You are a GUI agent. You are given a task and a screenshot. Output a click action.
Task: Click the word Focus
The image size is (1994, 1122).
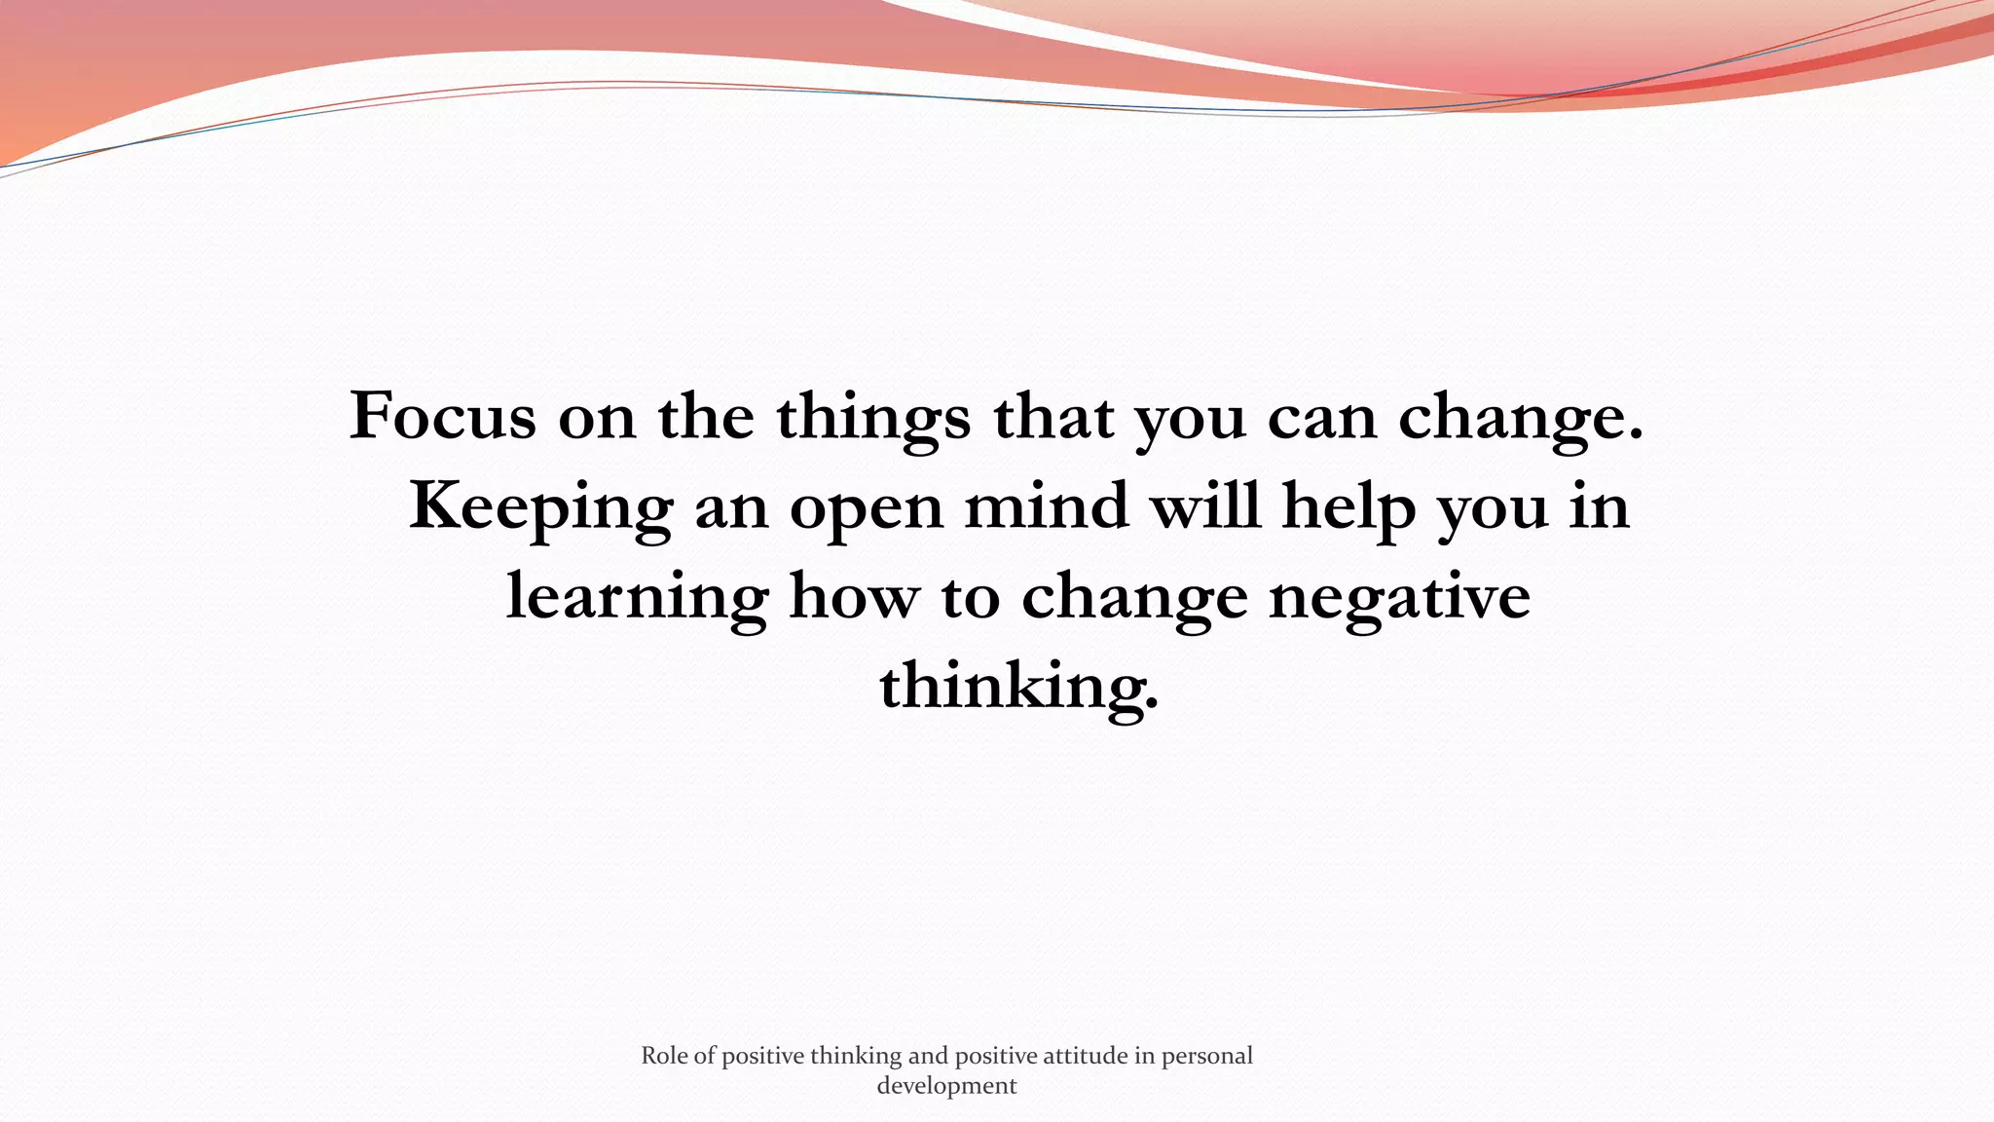point(442,416)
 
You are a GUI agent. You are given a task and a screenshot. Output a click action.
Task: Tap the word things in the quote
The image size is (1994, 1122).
point(872,417)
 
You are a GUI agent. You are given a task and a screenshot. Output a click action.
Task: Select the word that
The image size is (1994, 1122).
point(1053,416)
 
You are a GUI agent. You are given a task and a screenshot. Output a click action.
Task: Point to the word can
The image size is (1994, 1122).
point(1322,417)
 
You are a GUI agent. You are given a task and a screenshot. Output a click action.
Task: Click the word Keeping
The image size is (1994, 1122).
point(540,507)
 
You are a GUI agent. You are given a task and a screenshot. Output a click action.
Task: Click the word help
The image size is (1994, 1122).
point(1348,507)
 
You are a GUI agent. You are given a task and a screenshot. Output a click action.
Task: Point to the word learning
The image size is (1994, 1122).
point(637,597)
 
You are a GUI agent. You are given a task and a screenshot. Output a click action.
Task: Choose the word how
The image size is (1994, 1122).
point(854,596)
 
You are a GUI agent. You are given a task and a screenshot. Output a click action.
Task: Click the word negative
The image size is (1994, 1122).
point(1399,597)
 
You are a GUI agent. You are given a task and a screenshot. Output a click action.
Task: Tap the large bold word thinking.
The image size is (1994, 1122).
point(1018,687)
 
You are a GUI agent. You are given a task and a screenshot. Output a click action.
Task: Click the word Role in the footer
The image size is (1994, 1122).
point(664,1056)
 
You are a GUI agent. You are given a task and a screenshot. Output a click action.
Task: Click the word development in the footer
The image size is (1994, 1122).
point(946,1086)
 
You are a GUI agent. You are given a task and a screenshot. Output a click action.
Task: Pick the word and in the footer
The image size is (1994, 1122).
point(928,1056)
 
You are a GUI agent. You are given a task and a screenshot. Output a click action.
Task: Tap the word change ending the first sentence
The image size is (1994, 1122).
point(1520,417)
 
